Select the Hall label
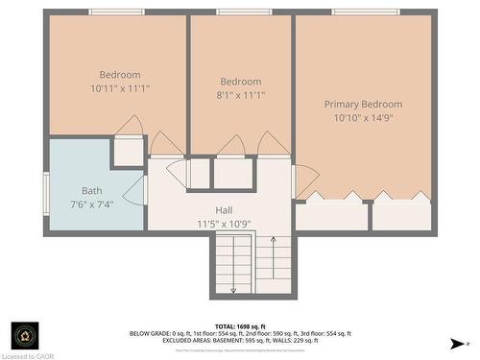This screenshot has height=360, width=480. coord(224,209)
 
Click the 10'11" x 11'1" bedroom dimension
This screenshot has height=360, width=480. coord(120,88)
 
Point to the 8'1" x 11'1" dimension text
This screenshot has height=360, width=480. coord(241,95)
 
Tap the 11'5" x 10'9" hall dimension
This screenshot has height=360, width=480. coord(224,223)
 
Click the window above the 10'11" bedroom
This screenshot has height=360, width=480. coord(116,12)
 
